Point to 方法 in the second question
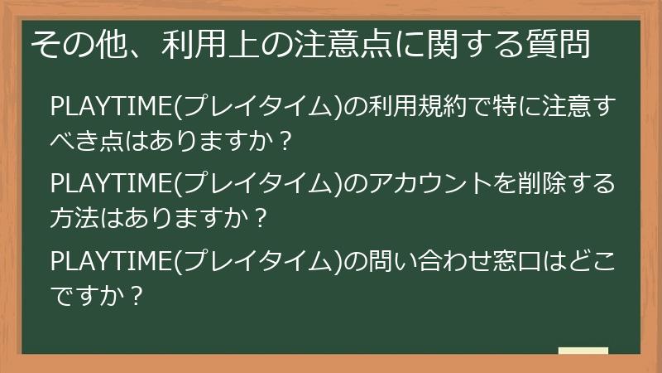pyautogui.click(x=74, y=217)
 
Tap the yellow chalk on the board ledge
pyautogui.click(x=583, y=351)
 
